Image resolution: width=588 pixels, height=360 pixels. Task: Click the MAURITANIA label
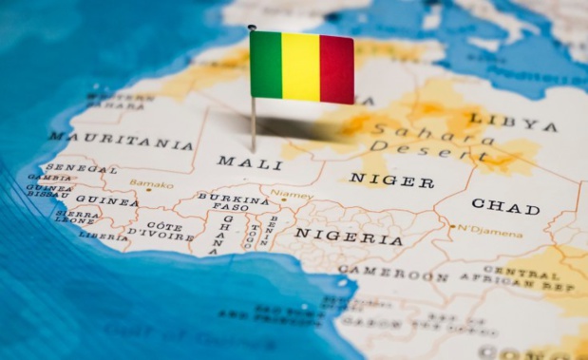coord(121,142)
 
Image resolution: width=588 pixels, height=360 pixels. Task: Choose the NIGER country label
coord(391,179)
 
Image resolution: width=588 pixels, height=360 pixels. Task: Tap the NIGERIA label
coord(349,237)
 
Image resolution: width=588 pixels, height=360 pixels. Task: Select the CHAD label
coord(505,205)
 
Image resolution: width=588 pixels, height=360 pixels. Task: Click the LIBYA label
coord(514,122)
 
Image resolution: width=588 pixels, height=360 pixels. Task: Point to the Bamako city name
coord(152,184)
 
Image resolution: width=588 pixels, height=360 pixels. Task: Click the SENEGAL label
coord(81,168)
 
